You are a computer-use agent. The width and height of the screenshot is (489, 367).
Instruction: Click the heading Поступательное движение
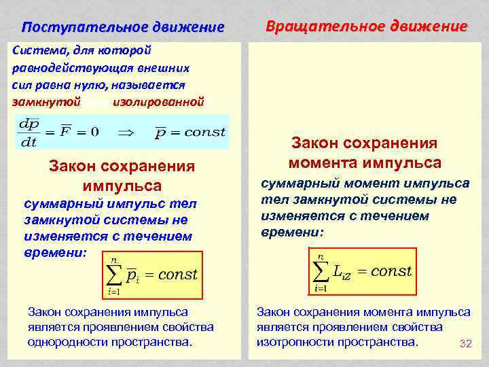coord(122,28)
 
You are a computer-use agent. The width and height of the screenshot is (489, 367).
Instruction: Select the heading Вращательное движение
coord(367,27)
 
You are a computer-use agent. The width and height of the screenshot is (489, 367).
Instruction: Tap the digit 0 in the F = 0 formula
coord(94,132)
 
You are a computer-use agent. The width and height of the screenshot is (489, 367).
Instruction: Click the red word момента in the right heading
coord(321,163)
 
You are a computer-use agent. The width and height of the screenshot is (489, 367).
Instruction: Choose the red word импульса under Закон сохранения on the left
coord(122,186)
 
